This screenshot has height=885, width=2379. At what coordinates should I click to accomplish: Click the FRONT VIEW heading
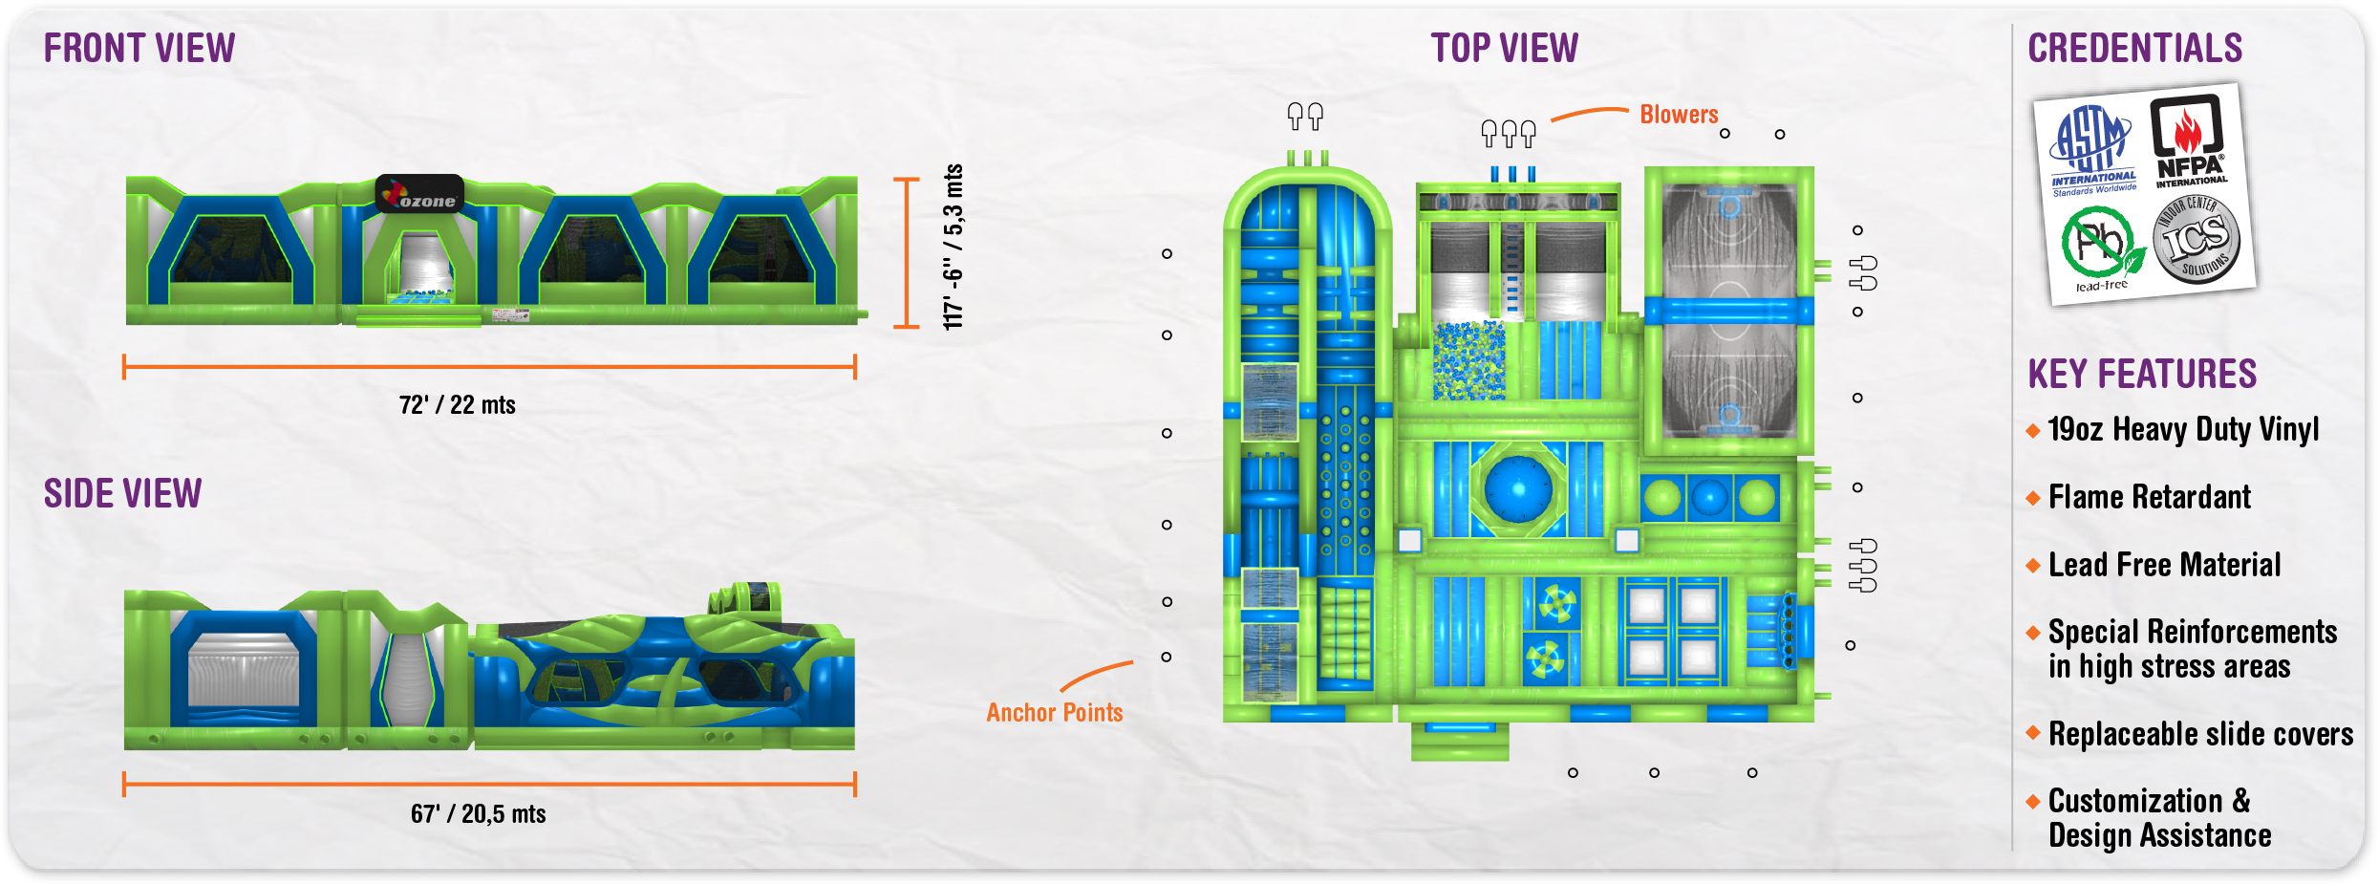tap(139, 48)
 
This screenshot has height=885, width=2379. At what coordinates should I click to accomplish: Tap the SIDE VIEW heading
tap(122, 493)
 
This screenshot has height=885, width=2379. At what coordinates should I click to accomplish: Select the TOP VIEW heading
tap(1504, 48)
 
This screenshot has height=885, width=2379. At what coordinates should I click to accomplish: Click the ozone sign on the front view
tap(420, 194)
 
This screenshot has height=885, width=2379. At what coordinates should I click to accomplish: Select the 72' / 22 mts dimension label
tap(457, 405)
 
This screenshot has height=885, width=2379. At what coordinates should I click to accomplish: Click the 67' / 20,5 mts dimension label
tap(478, 814)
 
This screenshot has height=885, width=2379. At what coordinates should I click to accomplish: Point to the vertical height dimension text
tap(953, 247)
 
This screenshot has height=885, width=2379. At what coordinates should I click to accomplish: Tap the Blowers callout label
tap(1679, 115)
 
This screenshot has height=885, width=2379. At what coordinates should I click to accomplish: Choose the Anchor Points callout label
tap(1054, 713)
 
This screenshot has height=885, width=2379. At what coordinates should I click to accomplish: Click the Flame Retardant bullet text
tap(2150, 497)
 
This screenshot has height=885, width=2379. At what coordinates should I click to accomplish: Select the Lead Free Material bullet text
tap(2164, 565)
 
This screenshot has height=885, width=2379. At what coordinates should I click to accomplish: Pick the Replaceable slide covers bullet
tap(2200, 734)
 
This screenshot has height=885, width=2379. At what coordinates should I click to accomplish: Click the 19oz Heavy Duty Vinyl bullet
tap(2183, 430)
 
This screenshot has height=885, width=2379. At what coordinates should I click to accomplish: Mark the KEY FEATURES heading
tap(2142, 374)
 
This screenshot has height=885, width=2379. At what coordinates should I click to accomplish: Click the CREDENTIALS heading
tap(2134, 48)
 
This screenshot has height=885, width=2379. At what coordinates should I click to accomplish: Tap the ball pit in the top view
tap(1468, 360)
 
